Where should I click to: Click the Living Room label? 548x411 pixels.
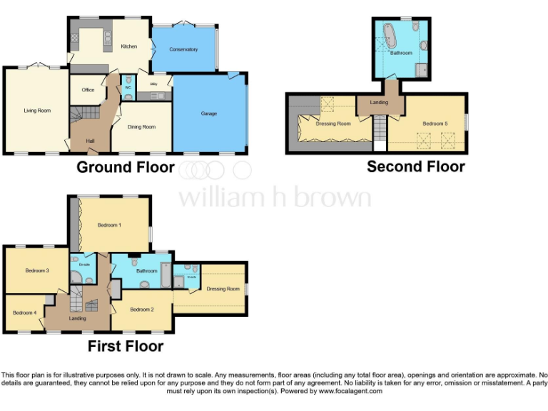(x=37, y=111)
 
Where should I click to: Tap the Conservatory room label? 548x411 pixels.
(x=183, y=50)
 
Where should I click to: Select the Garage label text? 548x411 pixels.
(x=208, y=113)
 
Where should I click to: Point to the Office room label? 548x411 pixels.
(x=88, y=90)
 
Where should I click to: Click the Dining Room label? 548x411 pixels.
(x=141, y=127)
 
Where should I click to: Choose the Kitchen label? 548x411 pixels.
(x=128, y=46)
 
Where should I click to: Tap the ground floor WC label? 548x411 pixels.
(x=128, y=88)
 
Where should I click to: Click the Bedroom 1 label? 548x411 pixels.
(x=109, y=225)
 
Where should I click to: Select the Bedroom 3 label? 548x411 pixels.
(x=37, y=270)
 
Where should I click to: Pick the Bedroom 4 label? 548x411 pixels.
(x=24, y=313)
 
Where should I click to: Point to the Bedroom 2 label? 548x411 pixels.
(x=142, y=310)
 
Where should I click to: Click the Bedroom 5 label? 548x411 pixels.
(x=435, y=123)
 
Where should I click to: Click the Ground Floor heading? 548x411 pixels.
(x=125, y=168)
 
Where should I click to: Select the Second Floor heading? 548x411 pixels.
(x=415, y=167)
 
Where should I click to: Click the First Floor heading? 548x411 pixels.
(x=125, y=347)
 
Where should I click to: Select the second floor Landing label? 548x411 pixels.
(x=379, y=102)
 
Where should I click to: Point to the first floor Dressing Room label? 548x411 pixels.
(x=223, y=289)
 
